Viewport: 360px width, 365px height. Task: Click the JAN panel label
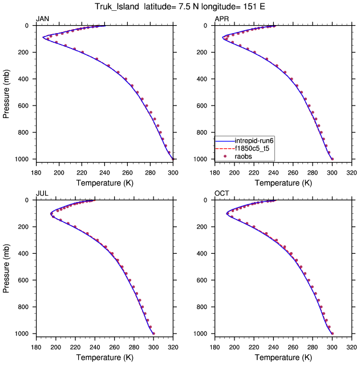[42, 19]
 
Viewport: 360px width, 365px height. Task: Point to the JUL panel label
[42, 194]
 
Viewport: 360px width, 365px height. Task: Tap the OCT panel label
[221, 194]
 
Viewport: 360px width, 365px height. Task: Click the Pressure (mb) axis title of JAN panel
[7, 92]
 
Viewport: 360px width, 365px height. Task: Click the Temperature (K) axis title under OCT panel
[284, 357]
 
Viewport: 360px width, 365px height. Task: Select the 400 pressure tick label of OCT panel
[204, 253]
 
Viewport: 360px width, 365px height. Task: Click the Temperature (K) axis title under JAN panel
[104, 183]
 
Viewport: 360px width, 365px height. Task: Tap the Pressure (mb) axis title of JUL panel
[7, 267]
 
